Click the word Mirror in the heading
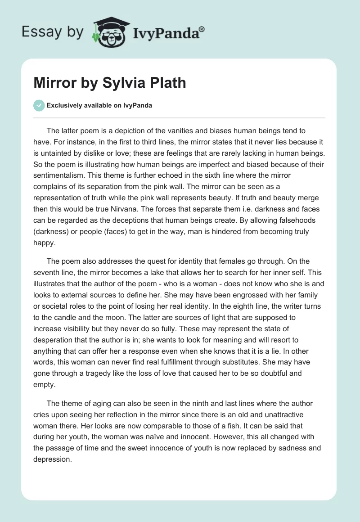coord(53,83)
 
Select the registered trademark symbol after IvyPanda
coord(202,29)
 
